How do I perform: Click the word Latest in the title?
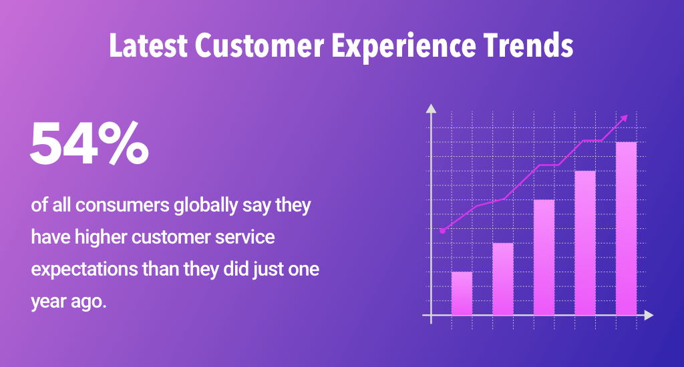148,46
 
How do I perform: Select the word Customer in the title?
260,46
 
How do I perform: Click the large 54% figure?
90,143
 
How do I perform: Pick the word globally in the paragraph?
206,206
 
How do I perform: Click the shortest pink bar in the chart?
462,294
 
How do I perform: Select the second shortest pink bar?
503,279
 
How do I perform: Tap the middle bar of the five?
544,257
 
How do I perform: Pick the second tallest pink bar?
585,243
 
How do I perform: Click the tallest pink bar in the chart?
626,228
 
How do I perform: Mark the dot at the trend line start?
443,231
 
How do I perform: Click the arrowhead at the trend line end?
625,118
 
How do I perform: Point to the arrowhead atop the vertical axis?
431,109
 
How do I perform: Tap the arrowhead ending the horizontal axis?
649,315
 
